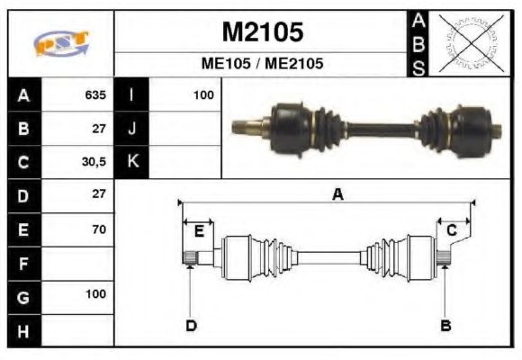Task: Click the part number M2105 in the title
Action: [x=262, y=32]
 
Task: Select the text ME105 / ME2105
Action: [x=262, y=65]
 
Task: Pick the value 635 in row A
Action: [x=94, y=94]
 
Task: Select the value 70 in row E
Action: [x=98, y=229]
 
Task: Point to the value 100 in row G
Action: [x=94, y=294]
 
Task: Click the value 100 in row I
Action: [x=202, y=94]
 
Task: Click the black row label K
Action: [x=131, y=161]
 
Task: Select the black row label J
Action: [x=131, y=128]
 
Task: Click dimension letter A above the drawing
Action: [x=337, y=193]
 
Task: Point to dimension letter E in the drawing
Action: [x=199, y=231]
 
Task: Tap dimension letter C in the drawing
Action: [x=452, y=231]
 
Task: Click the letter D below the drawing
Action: [x=191, y=325]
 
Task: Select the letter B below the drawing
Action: [x=445, y=325]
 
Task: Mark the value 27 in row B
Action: [x=98, y=128]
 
